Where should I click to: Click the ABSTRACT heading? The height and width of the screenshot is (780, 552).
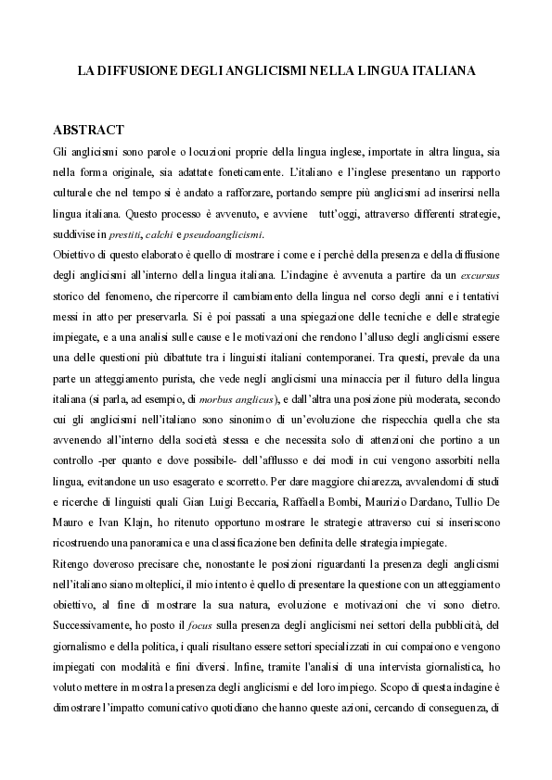tap(89, 129)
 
